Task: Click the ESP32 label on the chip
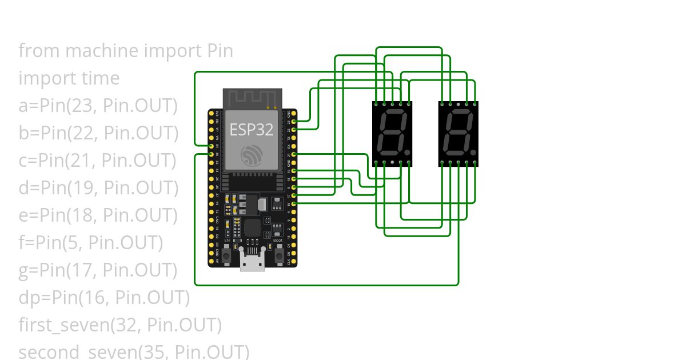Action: pos(252,130)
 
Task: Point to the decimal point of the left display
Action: pos(408,153)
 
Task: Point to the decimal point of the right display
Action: pos(474,153)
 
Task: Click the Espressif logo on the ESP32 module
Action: pos(252,155)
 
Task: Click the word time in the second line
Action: pos(101,78)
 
